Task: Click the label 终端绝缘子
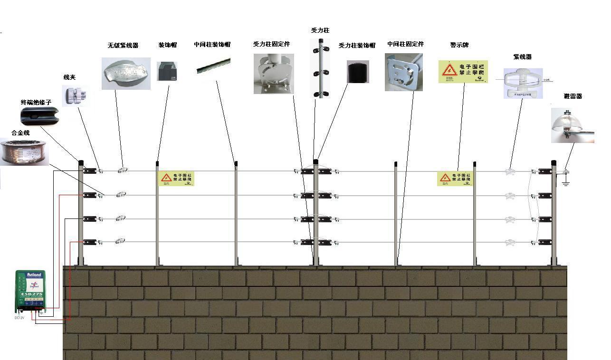pyautogui.click(x=36, y=102)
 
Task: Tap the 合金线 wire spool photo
pyautogui.click(x=24, y=152)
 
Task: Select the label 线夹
pyautogui.click(x=69, y=77)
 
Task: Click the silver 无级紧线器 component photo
pyautogui.click(x=126, y=74)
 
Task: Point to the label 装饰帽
pyautogui.click(x=167, y=45)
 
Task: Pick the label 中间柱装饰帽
pyautogui.click(x=212, y=45)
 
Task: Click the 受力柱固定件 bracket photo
pyautogui.click(x=274, y=73)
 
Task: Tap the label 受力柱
pyautogui.click(x=320, y=30)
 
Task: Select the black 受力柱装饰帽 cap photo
pyautogui.click(x=358, y=72)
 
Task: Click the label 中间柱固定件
pyautogui.click(x=405, y=44)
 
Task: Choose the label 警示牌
pyautogui.click(x=459, y=45)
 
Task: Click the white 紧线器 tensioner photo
pyautogui.click(x=523, y=83)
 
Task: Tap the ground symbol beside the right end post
pyautogui.click(x=566, y=183)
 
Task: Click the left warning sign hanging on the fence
pyautogui.click(x=176, y=178)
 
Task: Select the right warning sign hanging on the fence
pyautogui.click(x=455, y=179)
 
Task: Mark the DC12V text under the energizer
pyautogui.click(x=19, y=318)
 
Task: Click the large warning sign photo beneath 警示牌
pyautogui.click(x=463, y=72)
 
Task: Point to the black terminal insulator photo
pyautogui.click(x=39, y=116)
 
